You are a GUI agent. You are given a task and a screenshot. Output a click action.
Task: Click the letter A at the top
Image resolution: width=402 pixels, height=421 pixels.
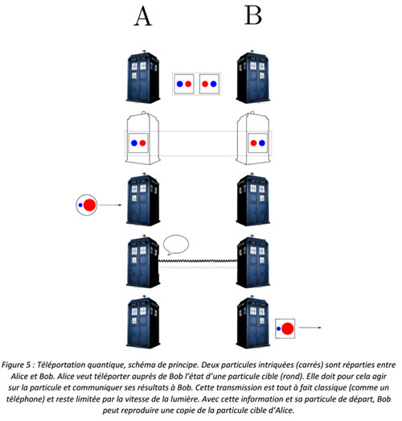pos(143,16)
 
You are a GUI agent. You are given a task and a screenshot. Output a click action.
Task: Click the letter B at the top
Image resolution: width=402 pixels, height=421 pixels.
pos(253,15)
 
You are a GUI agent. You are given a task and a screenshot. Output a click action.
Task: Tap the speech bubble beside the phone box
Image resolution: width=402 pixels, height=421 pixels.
pos(176,245)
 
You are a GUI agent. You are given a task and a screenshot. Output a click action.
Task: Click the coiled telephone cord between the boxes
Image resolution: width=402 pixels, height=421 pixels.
pos(198,261)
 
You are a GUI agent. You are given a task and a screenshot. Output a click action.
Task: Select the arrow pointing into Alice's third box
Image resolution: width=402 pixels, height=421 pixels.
pos(110,205)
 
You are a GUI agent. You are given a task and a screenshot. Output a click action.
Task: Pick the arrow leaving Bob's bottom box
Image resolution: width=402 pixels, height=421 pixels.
pos(310,328)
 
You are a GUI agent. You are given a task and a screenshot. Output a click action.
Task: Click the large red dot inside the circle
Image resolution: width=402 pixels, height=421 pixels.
pos(89,204)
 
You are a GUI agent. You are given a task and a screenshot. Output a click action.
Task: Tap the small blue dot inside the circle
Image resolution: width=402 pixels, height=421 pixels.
pos(80,204)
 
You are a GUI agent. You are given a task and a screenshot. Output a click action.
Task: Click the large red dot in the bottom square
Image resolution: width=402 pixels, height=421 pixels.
pos(288,328)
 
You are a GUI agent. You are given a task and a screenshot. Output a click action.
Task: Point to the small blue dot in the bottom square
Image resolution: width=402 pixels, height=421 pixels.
pos(278,328)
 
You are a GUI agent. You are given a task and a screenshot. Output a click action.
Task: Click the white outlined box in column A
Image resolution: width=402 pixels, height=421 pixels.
pos(143,138)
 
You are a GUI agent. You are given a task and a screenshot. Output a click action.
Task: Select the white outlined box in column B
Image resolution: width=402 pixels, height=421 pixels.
pos(253,138)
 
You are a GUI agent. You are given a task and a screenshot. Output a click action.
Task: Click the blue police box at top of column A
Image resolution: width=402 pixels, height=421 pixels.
pos(143,76)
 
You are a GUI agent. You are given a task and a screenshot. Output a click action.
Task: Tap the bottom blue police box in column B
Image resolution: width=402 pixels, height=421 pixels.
pos(253,322)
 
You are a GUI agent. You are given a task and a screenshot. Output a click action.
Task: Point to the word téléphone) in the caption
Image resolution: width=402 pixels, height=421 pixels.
pos(25,399)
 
